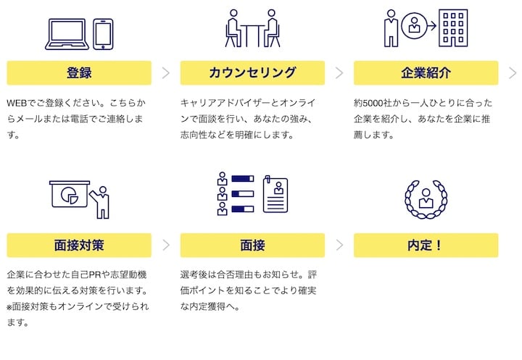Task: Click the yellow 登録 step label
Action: coord(78,73)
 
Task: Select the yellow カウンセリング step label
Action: coord(252,73)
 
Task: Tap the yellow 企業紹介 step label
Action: coord(426,73)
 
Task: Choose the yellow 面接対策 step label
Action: coord(78,245)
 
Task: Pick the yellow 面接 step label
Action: coord(252,245)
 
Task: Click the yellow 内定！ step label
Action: coord(426,245)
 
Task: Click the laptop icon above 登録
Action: coord(67,34)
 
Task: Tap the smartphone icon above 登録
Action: coord(104,34)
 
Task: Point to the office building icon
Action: coord(453,28)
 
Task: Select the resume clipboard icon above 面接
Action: coord(275,195)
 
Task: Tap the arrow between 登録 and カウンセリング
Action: coord(165,73)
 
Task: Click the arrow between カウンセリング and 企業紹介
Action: coord(339,73)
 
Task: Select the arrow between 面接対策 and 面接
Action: coord(165,245)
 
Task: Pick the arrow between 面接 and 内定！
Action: coord(339,245)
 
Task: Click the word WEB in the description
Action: coord(17,103)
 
